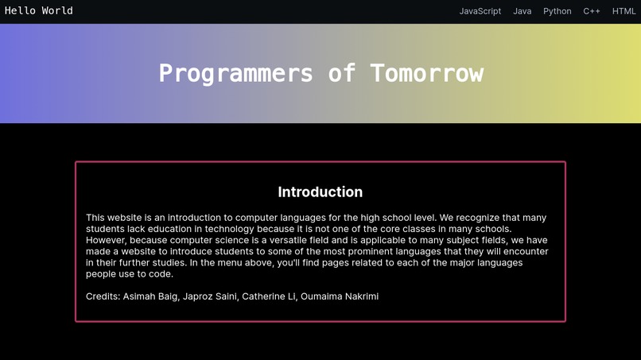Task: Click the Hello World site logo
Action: pyautogui.click(x=39, y=11)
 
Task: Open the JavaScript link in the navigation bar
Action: pyautogui.click(x=480, y=11)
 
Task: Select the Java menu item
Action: pyautogui.click(x=523, y=11)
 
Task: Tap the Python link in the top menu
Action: pyautogui.click(x=557, y=11)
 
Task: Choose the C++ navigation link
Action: pyautogui.click(x=592, y=11)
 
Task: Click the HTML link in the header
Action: pyautogui.click(x=624, y=11)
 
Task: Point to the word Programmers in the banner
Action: pyautogui.click(x=235, y=73)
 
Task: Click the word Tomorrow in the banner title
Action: pyautogui.click(x=427, y=73)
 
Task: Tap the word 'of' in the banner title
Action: pyautogui.click(x=341, y=73)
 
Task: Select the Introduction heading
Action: pyautogui.click(x=320, y=192)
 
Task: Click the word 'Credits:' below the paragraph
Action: pyautogui.click(x=103, y=296)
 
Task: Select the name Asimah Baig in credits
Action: pyautogui.click(x=150, y=296)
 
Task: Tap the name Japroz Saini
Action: pyautogui.click(x=210, y=296)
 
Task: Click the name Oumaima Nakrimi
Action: pyautogui.click(x=340, y=296)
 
